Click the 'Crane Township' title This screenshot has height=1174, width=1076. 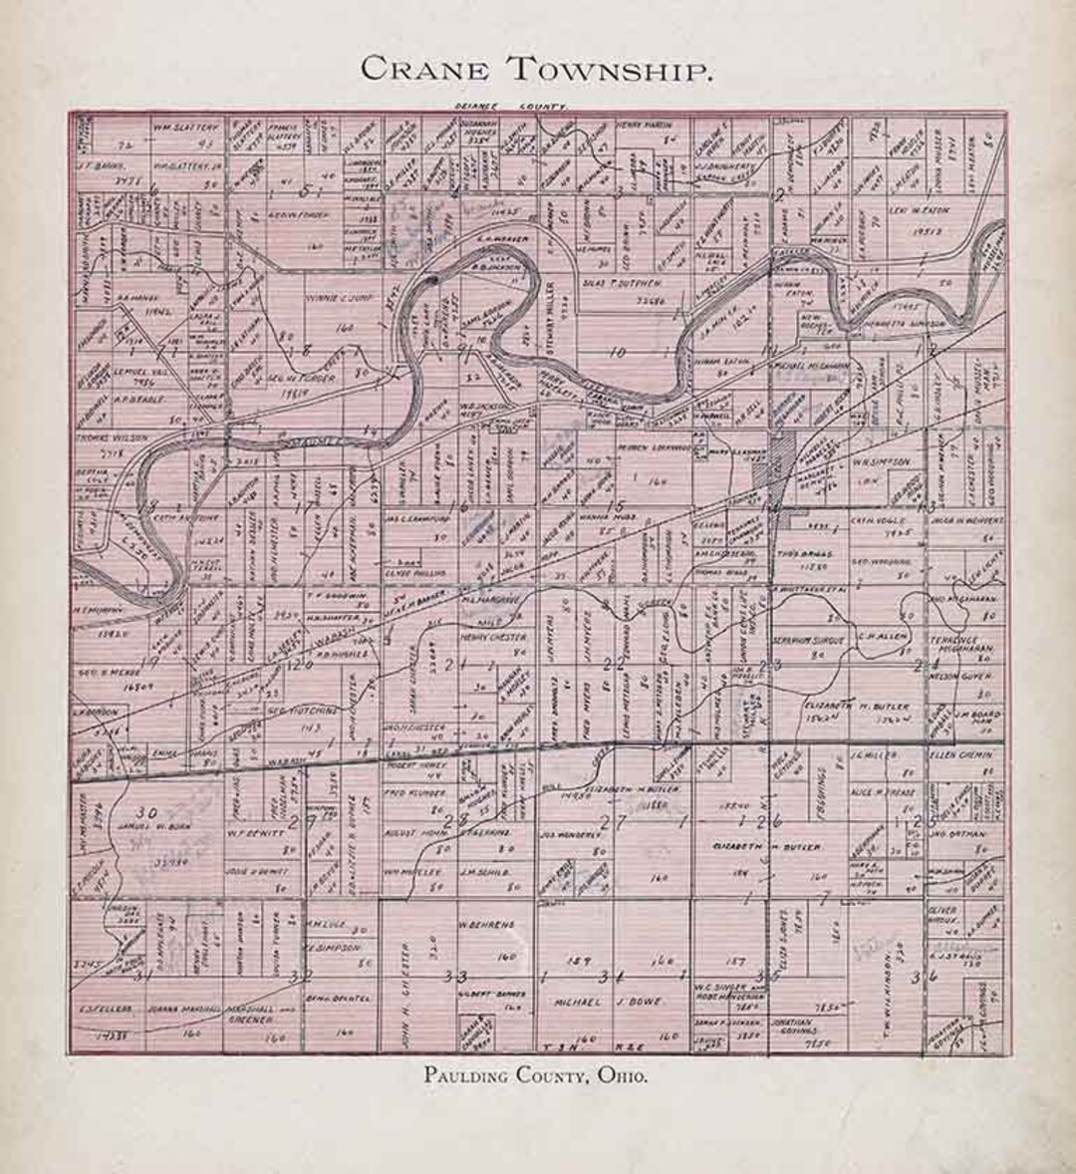pos(536,69)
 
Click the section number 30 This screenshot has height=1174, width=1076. pos(148,811)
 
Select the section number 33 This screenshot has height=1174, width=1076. pos(454,974)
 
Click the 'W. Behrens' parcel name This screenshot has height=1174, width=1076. pos(487,925)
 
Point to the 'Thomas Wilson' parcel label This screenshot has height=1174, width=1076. pos(111,438)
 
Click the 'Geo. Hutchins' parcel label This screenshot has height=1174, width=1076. pos(289,714)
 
